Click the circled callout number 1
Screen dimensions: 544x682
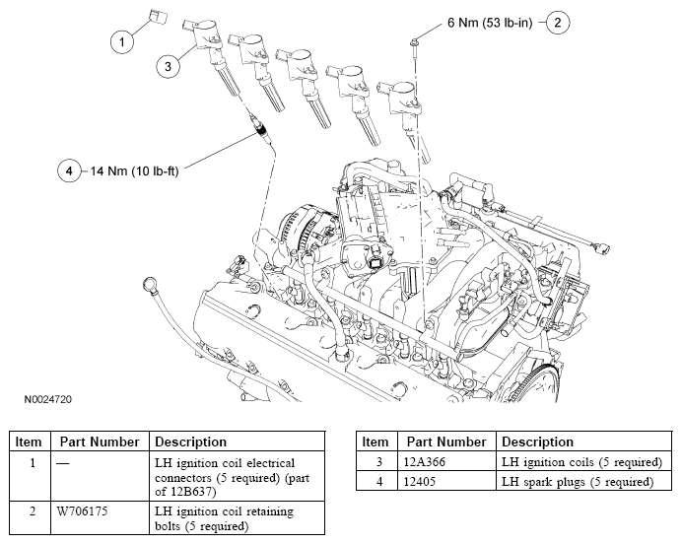click(x=123, y=41)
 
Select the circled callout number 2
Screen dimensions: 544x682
click(x=557, y=21)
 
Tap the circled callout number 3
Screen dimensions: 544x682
click(x=168, y=65)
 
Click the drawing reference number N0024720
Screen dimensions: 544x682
click(x=49, y=400)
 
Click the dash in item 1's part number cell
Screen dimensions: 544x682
click(x=65, y=462)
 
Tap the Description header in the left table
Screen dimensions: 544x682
click(x=190, y=442)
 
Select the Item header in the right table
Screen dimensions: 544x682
click(x=375, y=442)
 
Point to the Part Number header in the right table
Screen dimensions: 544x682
click(x=446, y=442)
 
